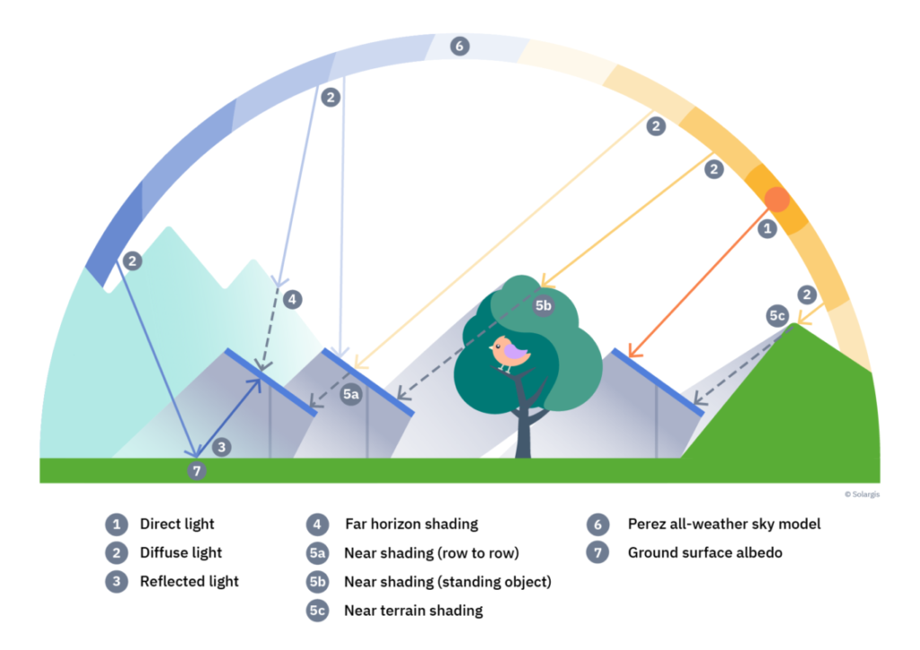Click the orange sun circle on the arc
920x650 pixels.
coord(777,199)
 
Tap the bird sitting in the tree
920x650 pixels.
coord(510,353)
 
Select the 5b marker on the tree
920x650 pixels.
coord(544,306)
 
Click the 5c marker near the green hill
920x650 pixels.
coord(778,316)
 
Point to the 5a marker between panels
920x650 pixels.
coord(351,394)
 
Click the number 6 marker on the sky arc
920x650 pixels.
coord(460,46)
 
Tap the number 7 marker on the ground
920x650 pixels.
coord(199,470)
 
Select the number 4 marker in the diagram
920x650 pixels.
coord(292,299)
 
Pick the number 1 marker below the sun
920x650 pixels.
coord(766,229)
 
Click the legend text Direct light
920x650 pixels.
coord(177,524)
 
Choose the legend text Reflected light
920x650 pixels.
coord(190,582)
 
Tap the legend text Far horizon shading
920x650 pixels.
coord(411,524)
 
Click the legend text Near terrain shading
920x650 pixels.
coord(413,610)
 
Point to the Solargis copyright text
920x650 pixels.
coord(862,494)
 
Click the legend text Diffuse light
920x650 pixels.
coord(181,553)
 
